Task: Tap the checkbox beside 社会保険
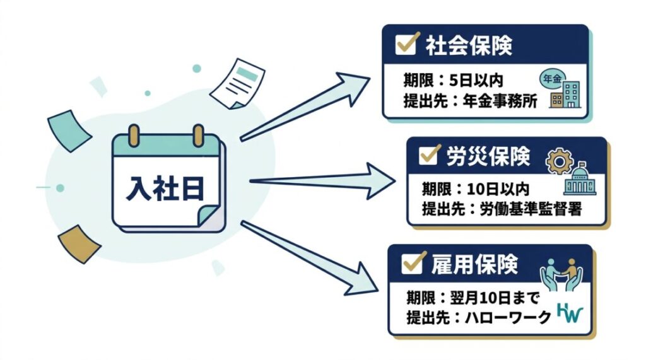click(404, 45)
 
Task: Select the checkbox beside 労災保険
click(429, 155)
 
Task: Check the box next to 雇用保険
click(411, 263)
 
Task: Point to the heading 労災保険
click(491, 156)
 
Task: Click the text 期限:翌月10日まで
click(470, 297)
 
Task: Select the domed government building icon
click(580, 182)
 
